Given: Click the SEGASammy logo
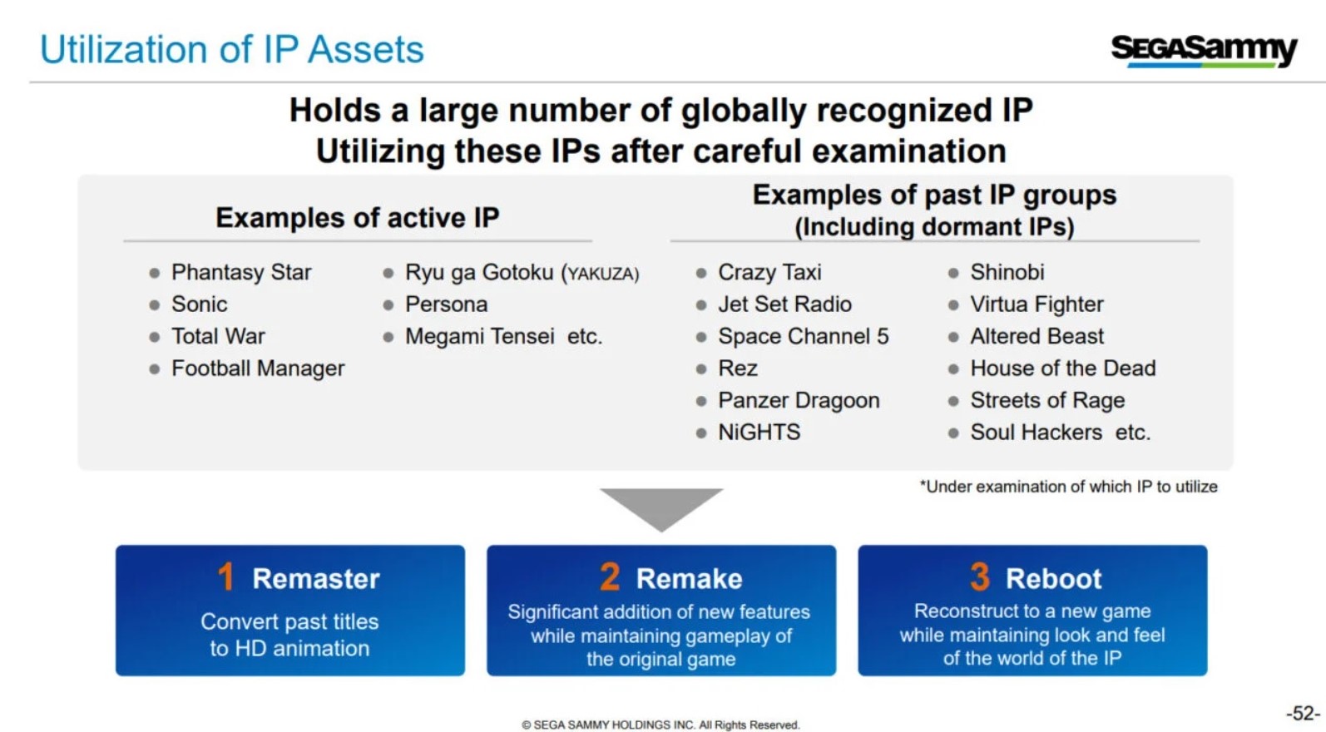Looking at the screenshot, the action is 1204,51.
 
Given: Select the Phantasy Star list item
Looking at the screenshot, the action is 241,272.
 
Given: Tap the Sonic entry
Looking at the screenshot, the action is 199,304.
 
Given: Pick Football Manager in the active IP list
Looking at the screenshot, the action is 258,368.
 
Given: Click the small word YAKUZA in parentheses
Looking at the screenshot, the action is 601,274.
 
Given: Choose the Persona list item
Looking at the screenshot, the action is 446,304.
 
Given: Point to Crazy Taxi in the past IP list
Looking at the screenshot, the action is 769,272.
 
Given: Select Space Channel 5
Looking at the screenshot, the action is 804,336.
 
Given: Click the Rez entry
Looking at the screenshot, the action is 738,368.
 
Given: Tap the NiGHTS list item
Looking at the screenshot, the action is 759,432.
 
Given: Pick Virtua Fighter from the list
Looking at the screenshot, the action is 1037,304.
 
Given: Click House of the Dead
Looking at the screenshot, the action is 1062,368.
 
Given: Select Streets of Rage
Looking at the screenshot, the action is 1047,400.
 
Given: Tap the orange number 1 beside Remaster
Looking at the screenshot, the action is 225,576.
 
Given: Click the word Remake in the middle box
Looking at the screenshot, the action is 689,579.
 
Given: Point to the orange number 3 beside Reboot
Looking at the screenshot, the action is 980,576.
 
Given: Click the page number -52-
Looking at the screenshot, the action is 1303,713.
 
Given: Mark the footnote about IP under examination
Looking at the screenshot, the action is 1068,487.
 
